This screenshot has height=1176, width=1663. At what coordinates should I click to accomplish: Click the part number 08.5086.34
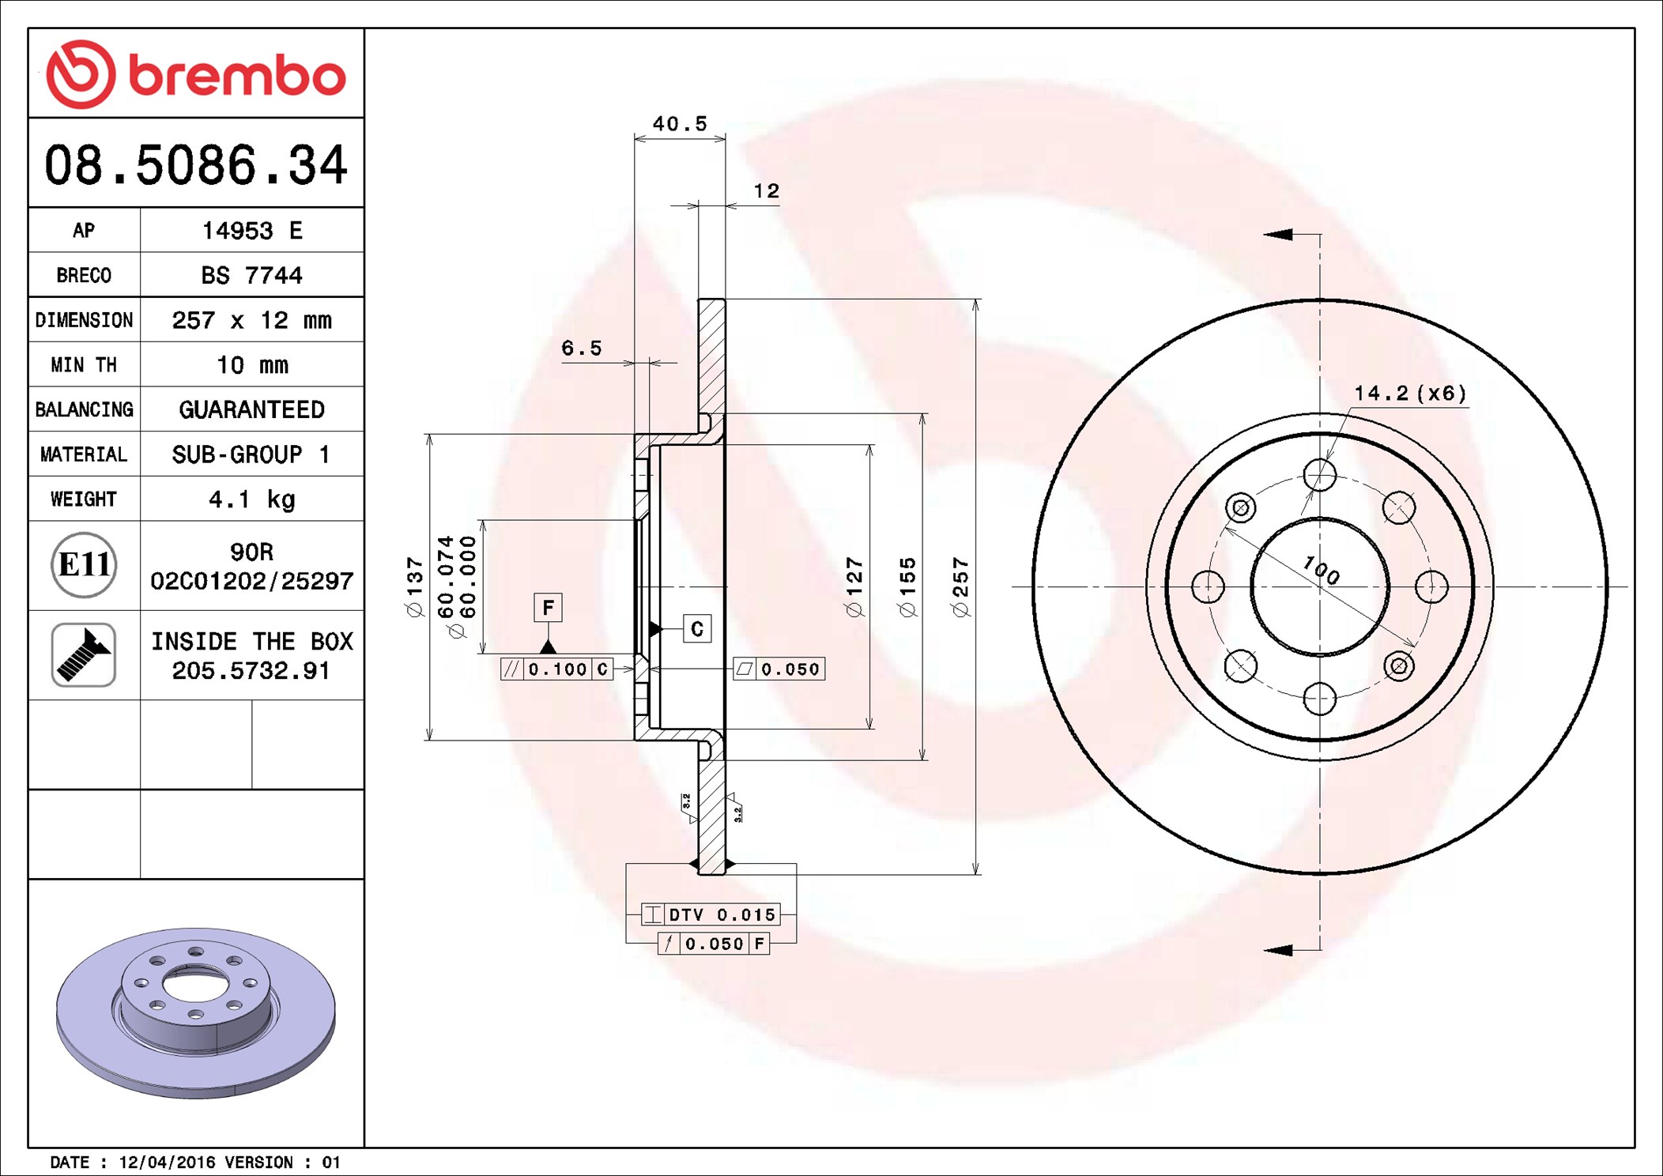[196, 165]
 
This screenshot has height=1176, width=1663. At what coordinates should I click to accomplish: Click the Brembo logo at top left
[196, 74]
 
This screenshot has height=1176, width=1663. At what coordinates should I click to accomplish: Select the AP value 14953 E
[252, 231]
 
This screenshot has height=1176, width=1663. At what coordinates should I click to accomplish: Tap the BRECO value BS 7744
[251, 275]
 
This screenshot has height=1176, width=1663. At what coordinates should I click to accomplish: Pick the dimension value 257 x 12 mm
[251, 320]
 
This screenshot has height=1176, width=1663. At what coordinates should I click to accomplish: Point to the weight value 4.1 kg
[251, 499]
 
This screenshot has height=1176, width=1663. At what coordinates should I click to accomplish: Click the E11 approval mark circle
[84, 565]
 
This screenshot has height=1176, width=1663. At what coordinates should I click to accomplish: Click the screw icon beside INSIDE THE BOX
[84, 654]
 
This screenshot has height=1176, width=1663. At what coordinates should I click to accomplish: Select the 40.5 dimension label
[680, 124]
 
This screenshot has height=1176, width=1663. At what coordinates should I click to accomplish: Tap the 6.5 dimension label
[582, 349]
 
